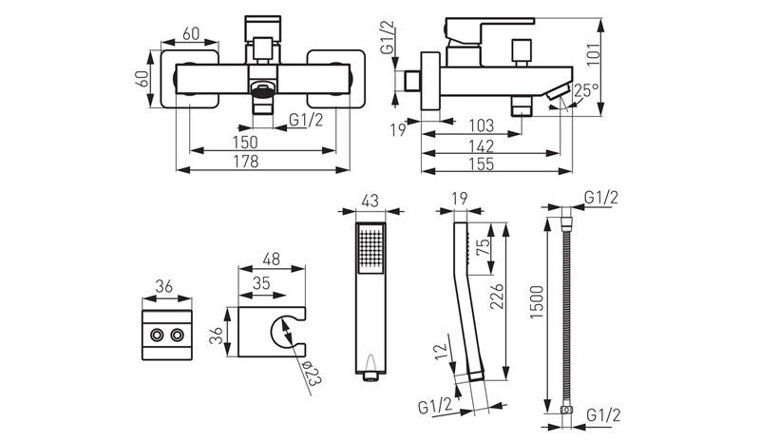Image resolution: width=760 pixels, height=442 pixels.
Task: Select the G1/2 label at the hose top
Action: [x=602, y=199]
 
